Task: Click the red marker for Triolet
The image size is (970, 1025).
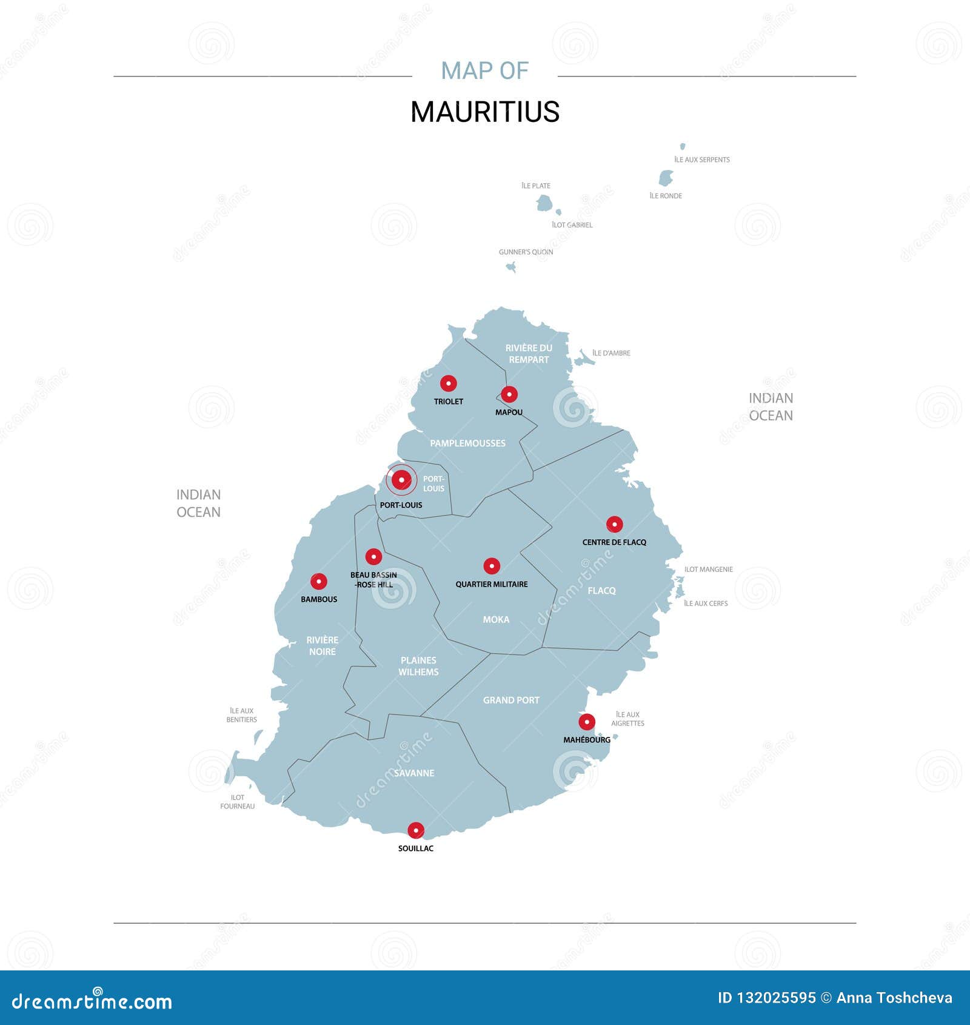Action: click(448, 383)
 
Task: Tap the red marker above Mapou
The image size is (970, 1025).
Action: click(509, 394)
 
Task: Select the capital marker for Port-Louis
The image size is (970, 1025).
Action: click(401, 480)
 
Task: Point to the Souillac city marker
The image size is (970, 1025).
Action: click(415, 830)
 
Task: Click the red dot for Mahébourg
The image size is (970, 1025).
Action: click(586, 722)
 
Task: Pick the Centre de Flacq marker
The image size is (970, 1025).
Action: click(614, 524)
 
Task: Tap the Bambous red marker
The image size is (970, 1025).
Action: click(318, 581)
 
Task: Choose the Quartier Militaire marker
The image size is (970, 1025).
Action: click(492, 566)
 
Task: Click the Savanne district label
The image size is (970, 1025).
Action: click(414, 773)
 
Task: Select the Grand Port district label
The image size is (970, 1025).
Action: click(511, 700)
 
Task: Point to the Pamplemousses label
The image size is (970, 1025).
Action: click(467, 443)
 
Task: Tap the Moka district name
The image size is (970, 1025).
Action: click(496, 619)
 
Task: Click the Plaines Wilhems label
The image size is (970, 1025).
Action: click(418, 666)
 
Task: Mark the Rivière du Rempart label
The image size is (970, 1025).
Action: click(529, 354)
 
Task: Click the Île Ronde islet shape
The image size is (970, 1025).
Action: click(666, 178)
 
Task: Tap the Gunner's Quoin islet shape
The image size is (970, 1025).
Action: click(512, 267)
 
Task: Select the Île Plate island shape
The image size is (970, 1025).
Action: click(544, 203)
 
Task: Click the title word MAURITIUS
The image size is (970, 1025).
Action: click(485, 112)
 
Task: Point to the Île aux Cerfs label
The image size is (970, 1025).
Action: click(706, 603)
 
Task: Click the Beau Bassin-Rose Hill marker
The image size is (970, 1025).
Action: click(373, 556)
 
